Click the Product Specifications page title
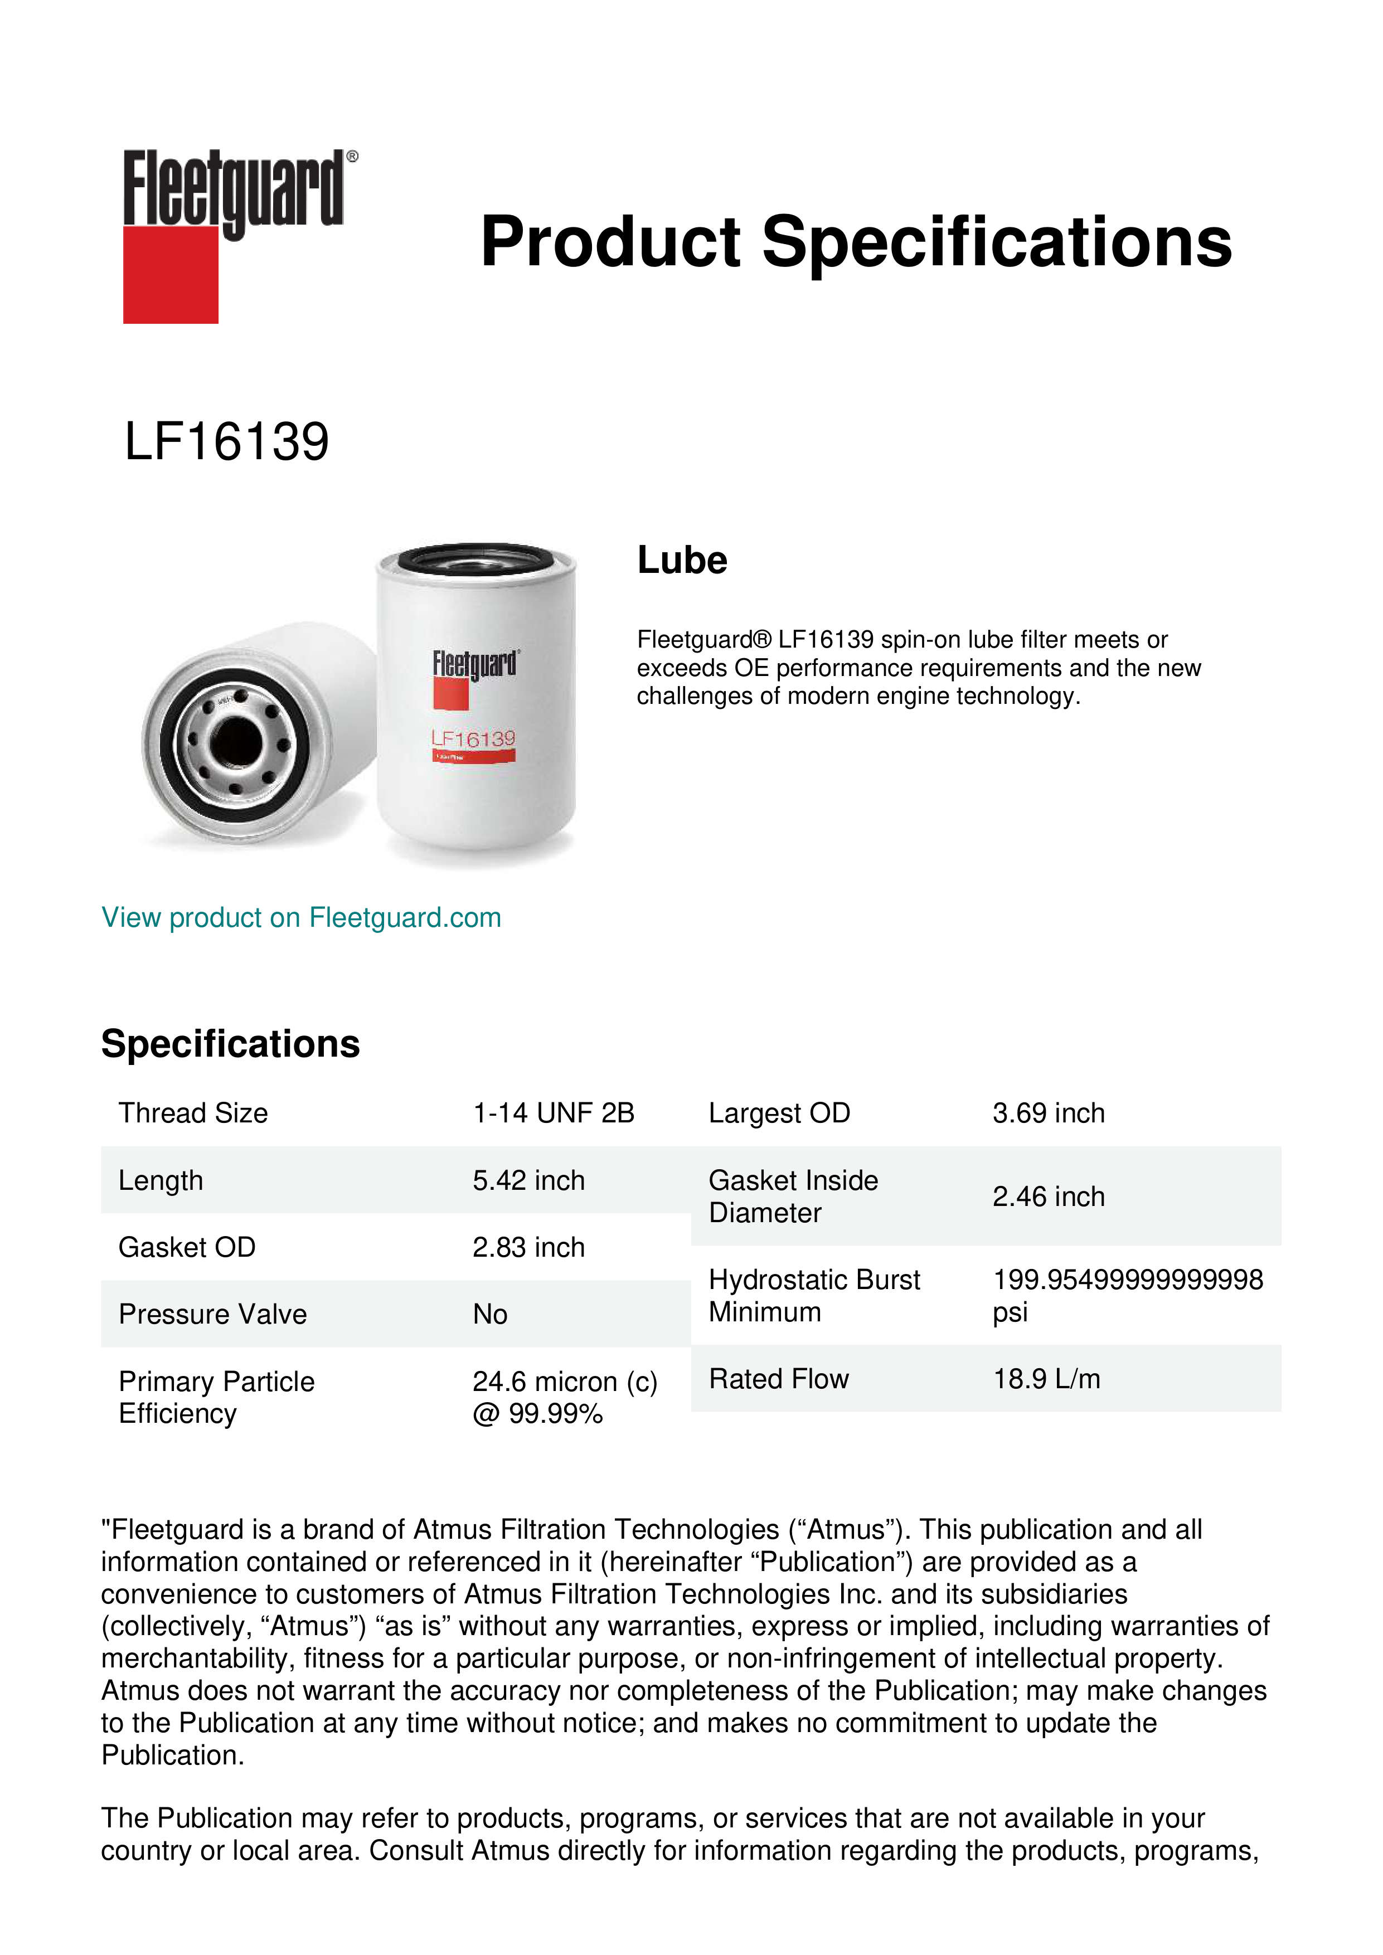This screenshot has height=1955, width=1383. click(855, 242)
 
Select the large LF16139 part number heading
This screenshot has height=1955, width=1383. click(226, 442)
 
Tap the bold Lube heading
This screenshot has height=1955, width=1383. click(682, 560)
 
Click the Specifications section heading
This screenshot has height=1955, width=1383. click(230, 1044)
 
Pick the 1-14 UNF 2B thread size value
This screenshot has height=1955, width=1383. click(554, 1113)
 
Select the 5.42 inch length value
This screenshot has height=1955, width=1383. click(529, 1180)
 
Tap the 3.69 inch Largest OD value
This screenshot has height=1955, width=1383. click(1049, 1113)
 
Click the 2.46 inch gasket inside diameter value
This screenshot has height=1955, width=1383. click(1049, 1197)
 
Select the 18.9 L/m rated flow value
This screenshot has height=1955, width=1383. click(1047, 1379)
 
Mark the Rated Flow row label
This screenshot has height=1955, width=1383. click(778, 1379)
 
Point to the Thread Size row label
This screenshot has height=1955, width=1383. click(193, 1113)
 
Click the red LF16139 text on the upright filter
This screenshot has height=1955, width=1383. click(473, 738)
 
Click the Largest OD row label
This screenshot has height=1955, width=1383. click(779, 1113)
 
